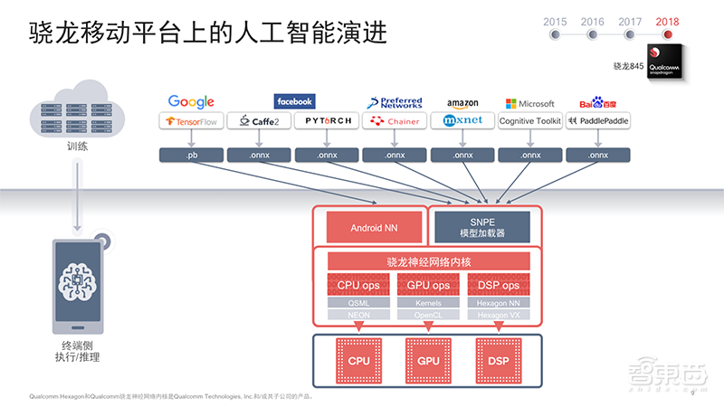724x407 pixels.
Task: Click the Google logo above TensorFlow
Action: (191, 102)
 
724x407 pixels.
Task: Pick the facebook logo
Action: (294, 101)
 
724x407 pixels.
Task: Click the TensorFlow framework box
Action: (191, 120)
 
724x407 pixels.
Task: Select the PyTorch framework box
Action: (327, 120)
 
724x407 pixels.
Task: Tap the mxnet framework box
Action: (462, 120)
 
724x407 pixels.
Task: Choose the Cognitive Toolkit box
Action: (530, 120)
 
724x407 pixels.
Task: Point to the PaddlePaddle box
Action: (598, 120)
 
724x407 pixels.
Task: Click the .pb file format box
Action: (191, 155)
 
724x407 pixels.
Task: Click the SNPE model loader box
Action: (481, 228)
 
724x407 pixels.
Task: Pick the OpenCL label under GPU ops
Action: (428, 315)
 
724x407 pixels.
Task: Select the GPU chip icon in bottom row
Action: (428, 360)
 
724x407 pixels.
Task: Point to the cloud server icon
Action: (78, 112)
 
